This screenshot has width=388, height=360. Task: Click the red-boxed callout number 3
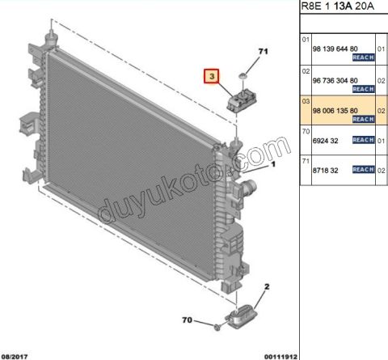(x=212, y=76)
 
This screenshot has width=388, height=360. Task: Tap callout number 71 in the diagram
(x=263, y=51)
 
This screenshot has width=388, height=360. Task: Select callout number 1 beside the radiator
(x=273, y=164)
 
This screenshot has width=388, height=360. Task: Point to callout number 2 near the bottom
(x=267, y=286)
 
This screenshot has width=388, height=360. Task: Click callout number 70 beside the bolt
(x=188, y=320)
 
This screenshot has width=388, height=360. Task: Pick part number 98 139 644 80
(x=335, y=49)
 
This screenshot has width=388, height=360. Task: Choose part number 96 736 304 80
(x=335, y=80)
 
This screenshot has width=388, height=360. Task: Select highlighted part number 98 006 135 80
(x=335, y=111)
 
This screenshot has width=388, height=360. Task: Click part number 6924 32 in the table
(x=325, y=141)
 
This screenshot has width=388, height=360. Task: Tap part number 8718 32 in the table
(x=325, y=171)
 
